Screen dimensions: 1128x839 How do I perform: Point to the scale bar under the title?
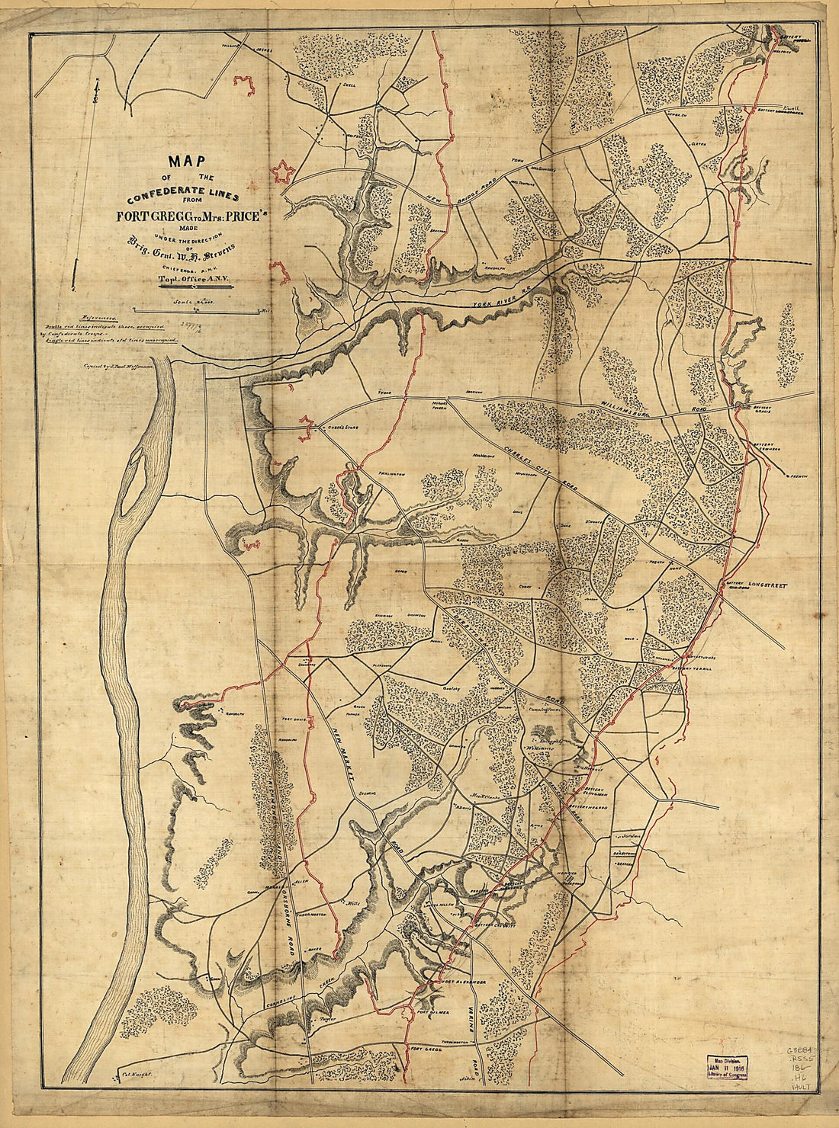[x=195, y=310]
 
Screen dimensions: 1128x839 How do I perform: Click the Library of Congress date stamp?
[x=726, y=1069]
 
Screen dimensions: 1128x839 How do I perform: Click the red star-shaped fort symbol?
[x=284, y=172]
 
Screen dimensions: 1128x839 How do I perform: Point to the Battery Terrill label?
[x=693, y=668]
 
